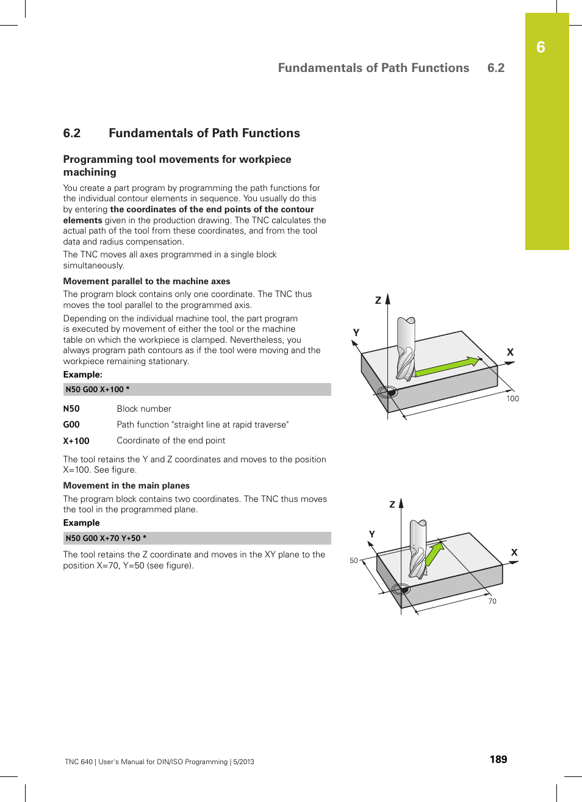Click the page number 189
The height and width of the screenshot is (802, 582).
point(498,759)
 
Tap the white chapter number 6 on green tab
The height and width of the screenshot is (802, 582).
point(541,48)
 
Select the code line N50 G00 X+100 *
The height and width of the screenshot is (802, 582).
point(98,389)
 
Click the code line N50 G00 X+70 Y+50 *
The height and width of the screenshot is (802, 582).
point(106,538)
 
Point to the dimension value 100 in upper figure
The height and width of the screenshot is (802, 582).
point(512,399)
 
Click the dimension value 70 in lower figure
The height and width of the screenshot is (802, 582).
point(492,601)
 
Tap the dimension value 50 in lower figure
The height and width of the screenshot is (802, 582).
point(354,560)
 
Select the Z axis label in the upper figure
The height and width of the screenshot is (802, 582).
point(378,300)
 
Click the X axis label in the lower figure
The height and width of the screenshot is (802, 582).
point(514,553)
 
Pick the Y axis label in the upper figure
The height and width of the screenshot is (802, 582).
point(356,332)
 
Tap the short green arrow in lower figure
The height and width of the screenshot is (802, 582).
point(434,554)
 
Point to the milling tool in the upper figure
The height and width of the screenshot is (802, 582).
point(406,348)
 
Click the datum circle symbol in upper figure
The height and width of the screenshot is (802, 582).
point(387,392)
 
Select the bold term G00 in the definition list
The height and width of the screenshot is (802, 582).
point(71,424)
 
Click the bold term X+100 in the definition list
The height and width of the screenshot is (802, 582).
point(76,441)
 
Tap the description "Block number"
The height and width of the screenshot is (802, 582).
point(144,409)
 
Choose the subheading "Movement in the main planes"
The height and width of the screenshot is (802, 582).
point(126,485)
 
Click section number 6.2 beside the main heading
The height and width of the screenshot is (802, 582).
point(72,133)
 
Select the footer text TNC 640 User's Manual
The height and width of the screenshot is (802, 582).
point(159,762)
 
